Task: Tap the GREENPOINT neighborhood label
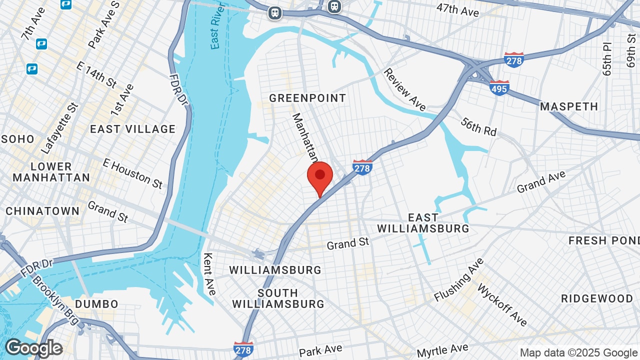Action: pos(307,98)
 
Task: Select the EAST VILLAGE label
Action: pos(132,129)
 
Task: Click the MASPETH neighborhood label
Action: pos(569,106)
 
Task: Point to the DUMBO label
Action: pos(96,304)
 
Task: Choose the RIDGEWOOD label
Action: pos(597,298)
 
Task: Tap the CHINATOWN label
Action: pos(42,211)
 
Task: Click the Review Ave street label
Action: pos(404,89)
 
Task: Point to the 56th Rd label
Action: pos(478,127)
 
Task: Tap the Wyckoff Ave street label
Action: pos(502,304)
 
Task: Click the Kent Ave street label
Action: pos(209,273)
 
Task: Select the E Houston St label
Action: pos(132,173)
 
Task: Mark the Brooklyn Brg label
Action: pos(55,299)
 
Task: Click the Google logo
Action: pos(33,348)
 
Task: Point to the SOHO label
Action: pos(17,139)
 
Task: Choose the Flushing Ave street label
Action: pos(459,280)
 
